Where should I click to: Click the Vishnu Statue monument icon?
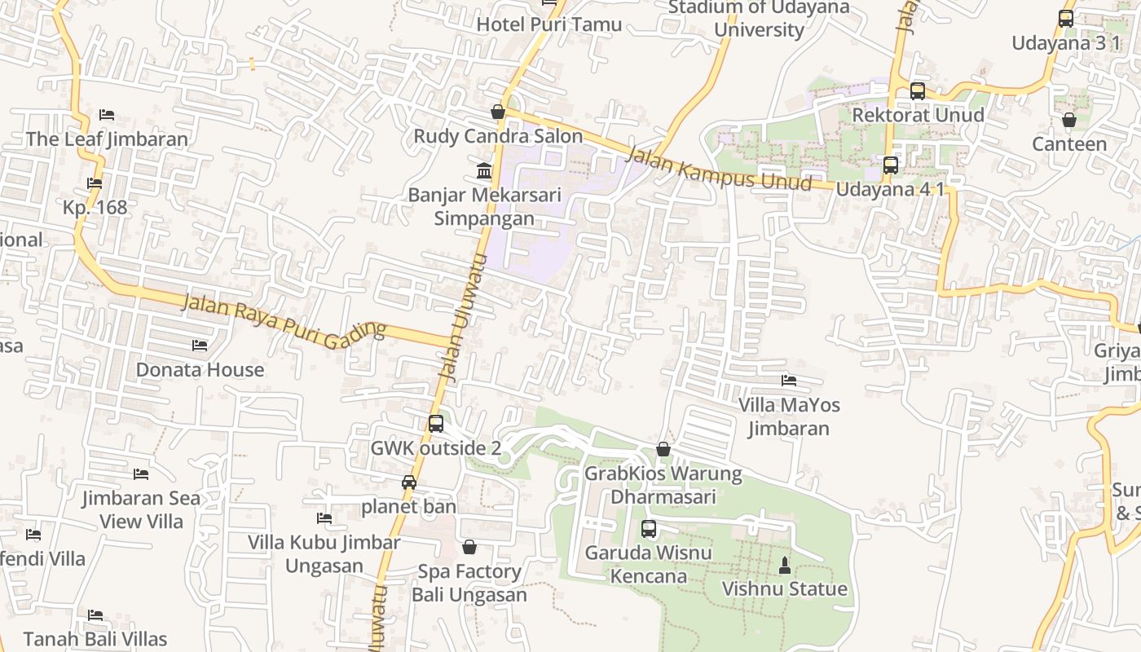[785, 565]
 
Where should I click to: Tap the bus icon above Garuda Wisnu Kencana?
[648, 529]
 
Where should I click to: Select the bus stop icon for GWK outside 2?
[436, 424]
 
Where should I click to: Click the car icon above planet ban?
[409, 482]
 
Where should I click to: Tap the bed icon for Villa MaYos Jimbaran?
[788, 381]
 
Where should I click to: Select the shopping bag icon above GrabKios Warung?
[663, 450]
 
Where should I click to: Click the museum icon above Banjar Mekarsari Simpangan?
[484, 171]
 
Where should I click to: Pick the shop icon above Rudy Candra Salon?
[497, 112]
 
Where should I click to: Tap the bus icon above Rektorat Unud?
[918, 91]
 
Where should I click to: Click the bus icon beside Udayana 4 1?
[891, 165]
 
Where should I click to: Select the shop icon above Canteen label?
[1069, 121]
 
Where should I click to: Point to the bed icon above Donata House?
[200, 346]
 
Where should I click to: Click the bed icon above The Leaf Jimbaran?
[106, 115]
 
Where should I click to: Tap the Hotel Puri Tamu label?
[548, 24]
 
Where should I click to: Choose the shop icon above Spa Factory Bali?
[469, 547]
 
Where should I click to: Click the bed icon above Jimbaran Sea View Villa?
[141, 474]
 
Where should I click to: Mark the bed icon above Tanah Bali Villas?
[95, 615]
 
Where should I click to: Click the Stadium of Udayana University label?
[759, 19]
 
